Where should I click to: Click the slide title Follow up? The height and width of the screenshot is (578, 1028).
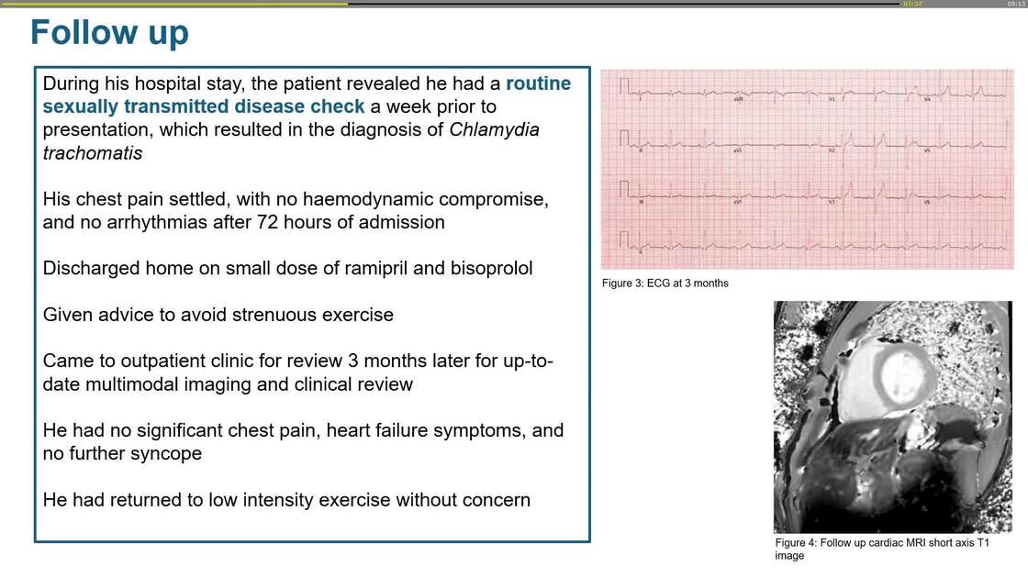point(109,33)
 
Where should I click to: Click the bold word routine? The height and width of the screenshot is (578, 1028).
point(538,83)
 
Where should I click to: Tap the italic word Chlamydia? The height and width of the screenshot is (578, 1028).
point(494,129)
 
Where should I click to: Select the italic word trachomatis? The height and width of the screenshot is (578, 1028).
point(93,153)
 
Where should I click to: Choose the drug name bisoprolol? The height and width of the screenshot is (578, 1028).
point(492,269)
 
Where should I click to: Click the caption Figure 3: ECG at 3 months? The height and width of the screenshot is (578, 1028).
point(665,283)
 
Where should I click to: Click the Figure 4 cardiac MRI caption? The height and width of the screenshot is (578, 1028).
point(881,549)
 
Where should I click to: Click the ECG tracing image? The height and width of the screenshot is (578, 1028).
point(807,169)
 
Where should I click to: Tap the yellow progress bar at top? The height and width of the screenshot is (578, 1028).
point(174,4)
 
